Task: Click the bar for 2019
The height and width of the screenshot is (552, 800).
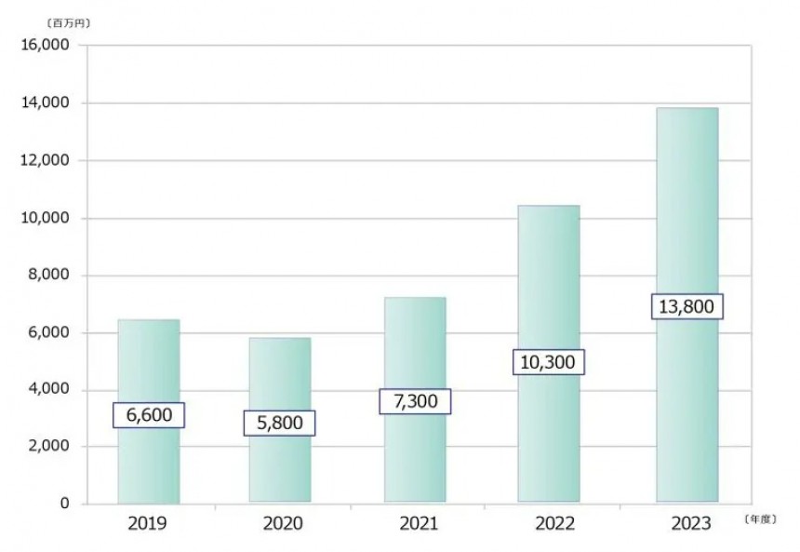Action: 149,411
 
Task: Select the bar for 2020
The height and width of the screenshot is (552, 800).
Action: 280,420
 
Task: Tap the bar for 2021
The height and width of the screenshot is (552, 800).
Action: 415,400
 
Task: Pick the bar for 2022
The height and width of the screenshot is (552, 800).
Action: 549,354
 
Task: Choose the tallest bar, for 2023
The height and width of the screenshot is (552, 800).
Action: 687,304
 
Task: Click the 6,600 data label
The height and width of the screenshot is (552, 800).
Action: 149,415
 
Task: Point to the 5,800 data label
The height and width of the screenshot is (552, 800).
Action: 280,424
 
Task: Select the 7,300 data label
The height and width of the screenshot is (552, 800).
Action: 415,401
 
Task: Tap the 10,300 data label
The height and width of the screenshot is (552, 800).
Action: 549,362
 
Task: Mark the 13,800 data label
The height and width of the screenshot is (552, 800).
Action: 687,306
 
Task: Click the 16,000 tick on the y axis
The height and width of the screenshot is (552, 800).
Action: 45,45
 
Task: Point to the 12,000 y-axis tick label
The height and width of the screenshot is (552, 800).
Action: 45,160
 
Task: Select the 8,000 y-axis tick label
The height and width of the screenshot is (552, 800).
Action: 47,275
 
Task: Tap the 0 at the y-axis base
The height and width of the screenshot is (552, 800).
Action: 64,504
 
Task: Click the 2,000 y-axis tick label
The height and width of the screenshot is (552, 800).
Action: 47,446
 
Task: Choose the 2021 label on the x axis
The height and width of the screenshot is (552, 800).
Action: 419,524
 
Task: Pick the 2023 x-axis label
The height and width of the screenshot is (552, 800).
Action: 691,524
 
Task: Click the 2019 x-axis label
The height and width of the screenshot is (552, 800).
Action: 147,524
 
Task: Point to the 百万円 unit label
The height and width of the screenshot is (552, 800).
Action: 68,23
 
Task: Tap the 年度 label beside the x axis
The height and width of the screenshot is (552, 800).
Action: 760,519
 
